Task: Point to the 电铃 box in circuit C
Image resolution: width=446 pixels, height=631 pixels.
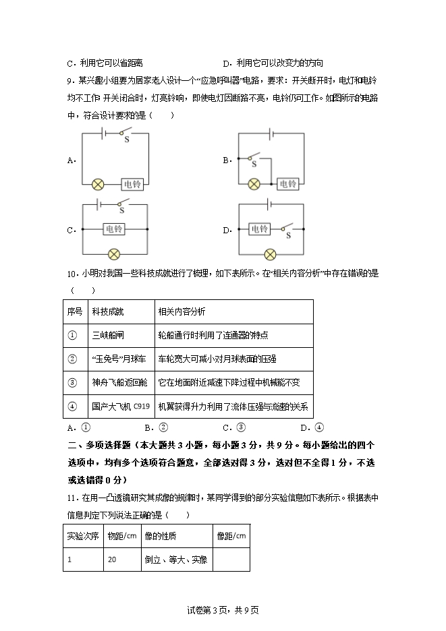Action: [x=114, y=229]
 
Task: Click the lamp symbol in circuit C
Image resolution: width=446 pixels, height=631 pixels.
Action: [x=114, y=254]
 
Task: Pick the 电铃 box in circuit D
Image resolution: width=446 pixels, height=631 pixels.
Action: [x=260, y=229]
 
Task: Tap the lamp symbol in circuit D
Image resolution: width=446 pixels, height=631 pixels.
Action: [x=270, y=254]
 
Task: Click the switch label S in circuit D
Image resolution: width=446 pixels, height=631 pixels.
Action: [x=288, y=236]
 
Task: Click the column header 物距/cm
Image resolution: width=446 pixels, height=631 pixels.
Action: [x=121, y=537]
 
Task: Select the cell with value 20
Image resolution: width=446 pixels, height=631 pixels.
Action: [x=112, y=560]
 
